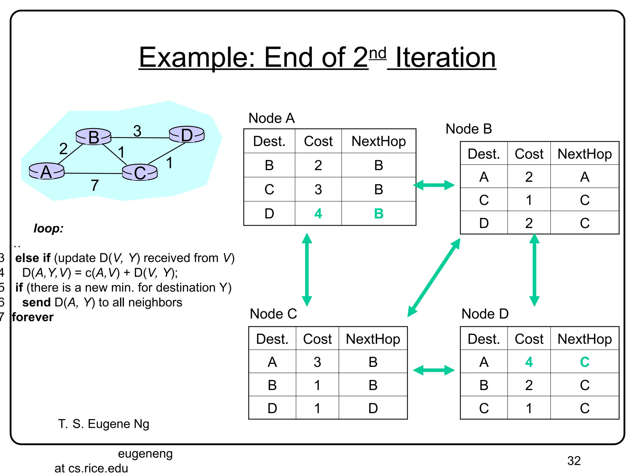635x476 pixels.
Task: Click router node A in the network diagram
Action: coord(47,171)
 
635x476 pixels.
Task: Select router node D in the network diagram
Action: coord(187,135)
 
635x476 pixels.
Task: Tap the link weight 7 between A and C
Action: coord(95,185)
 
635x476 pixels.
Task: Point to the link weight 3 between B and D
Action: coord(137,131)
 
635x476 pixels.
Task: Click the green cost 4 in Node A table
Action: coord(318,214)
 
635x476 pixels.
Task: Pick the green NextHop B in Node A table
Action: coord(379,214)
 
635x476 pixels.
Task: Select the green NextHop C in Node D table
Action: coord(584,362)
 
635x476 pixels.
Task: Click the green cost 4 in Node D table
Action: coord(529,362)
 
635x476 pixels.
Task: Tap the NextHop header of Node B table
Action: coord(584,154)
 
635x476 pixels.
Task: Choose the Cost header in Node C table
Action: coord(317,339)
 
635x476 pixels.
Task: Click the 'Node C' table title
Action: coord(273,314)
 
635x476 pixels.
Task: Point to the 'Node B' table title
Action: coord(468,129)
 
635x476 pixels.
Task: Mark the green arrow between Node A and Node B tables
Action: coord(434,185)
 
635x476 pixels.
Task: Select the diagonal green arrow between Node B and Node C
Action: coord(434,278)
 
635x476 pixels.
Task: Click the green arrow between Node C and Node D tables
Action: coord(434,370)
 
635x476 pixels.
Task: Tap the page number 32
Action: coord(574,461)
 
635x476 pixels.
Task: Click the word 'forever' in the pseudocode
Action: coord(33,317)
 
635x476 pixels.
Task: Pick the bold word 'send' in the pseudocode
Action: coord(36,302)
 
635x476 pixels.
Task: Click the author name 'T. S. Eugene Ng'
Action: coord(104,424)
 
